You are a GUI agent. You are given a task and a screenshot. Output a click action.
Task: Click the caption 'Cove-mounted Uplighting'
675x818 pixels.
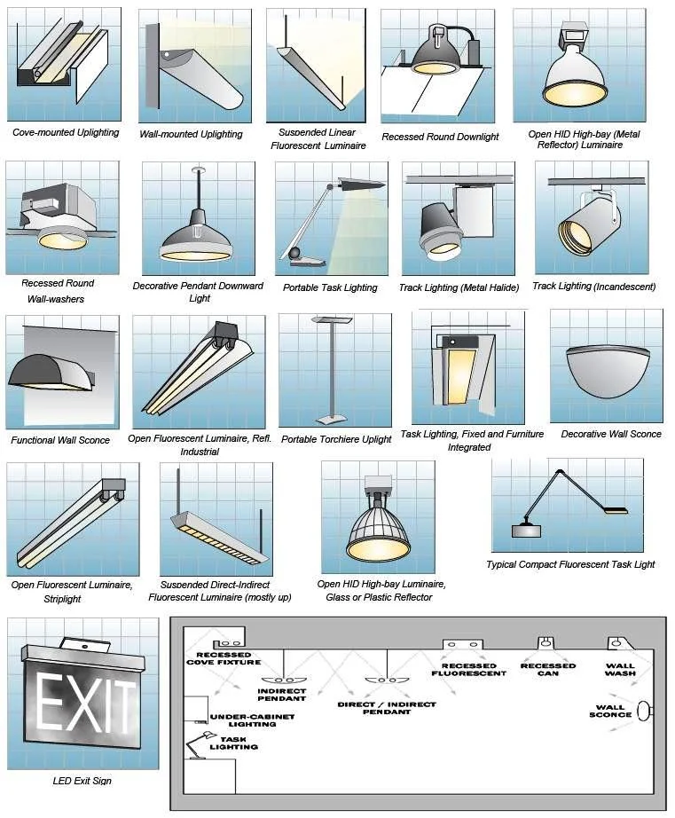66,132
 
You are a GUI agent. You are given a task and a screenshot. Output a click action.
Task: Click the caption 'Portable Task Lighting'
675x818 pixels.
330,287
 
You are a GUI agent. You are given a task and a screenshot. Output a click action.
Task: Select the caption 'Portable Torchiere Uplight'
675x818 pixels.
336,439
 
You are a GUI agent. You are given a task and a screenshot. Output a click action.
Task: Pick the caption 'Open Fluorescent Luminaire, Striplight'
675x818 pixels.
71,591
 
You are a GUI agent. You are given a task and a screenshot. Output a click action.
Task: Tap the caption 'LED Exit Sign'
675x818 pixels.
82,781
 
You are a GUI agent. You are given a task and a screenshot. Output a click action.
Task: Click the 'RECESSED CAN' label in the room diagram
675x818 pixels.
547,669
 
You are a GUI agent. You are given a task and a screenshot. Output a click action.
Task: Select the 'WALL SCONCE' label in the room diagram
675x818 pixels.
610,711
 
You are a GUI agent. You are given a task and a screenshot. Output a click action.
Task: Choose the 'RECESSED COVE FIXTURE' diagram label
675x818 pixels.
224,657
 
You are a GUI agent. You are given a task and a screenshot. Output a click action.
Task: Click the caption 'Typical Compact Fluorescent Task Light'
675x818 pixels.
570,564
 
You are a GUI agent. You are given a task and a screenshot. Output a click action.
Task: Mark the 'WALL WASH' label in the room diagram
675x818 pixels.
621,669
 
